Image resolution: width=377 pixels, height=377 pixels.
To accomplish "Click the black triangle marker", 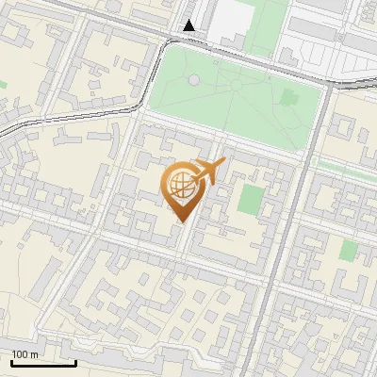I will pyautogui.click(x=190, y=25).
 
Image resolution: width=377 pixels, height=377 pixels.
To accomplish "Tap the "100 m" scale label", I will pyautogui.click(x=25, y=354).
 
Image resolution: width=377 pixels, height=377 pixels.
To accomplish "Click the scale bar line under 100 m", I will pyautogui.click(x=43, y=363).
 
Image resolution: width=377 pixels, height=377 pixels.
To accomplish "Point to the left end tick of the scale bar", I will pyautogui.click(x=11, y=361).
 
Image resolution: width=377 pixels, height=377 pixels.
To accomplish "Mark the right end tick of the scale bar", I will pyautogui.click(x=75, y=361).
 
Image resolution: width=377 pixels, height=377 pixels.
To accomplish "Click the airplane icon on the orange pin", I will pyautogui.click(x=209, y=170).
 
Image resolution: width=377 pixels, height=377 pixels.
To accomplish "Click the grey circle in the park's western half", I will pyautogui.click(x=193, y=80).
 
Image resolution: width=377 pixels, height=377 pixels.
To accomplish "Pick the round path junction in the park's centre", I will pyautogui.click(x=233, y=85).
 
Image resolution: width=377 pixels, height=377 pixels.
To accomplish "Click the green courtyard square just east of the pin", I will pyautogui.click(x=251, y=199).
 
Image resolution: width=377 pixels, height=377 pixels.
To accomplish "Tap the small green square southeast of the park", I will pyautogui.click(x=349, y=251).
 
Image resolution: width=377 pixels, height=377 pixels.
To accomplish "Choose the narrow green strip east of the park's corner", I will pyautogui.click(x=344, y=167).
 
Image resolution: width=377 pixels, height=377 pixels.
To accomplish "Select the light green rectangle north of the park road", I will pyautogui.click(x=264, y=24).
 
